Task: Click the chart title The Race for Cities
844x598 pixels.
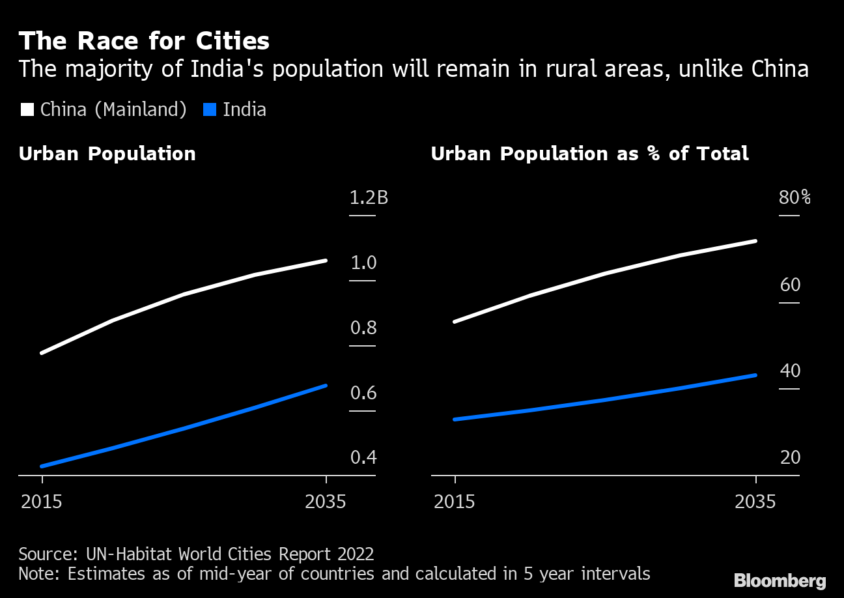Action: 144,41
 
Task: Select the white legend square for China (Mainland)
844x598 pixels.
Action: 27,109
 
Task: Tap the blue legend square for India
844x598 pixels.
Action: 209,109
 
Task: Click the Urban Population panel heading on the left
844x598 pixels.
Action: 107,154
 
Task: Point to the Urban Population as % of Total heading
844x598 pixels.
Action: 589,154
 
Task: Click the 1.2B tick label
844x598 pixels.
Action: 369,197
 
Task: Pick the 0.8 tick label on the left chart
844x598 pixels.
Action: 363,328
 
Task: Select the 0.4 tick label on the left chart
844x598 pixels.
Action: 363,457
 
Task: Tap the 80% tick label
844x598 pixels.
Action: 795,197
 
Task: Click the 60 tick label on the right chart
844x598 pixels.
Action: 790,285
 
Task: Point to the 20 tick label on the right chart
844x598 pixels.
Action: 790,457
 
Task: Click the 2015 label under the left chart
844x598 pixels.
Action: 41,502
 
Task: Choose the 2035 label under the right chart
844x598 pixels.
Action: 755,502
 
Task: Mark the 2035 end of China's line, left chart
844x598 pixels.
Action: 326,261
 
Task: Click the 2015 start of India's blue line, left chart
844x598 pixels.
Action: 42,466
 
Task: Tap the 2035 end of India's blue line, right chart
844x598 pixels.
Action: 755,375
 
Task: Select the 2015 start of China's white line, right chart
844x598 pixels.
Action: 455,322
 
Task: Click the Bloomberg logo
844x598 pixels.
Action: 780,580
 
